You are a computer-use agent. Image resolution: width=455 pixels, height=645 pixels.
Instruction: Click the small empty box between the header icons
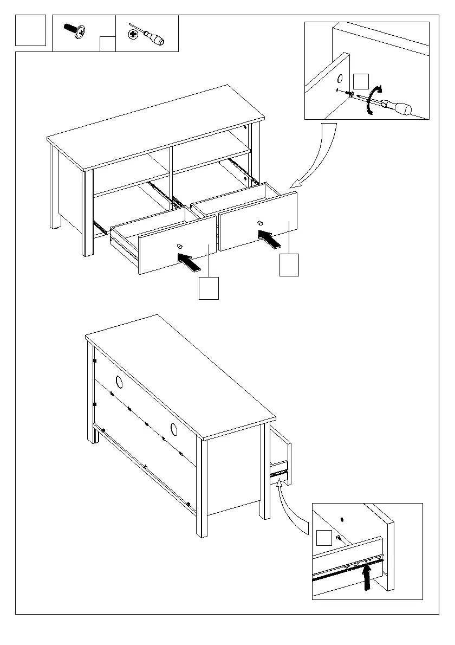(x=108, y=44)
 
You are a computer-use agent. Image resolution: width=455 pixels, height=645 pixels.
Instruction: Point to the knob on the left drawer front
(x=179, y=247)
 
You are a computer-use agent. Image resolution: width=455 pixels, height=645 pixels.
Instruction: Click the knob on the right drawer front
(x=260, y=223)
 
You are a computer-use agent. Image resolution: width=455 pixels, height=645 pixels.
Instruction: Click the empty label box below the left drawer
(x=209, y=288)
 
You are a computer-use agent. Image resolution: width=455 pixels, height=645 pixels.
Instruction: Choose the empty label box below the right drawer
(x=289, y=266)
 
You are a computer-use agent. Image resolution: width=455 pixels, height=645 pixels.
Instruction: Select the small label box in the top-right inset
(x=361, y=82)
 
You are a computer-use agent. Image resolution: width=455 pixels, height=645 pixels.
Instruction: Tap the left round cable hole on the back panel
(x=119, y=383)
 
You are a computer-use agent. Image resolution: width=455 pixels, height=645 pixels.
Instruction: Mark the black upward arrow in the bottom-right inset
(x=367, y=576)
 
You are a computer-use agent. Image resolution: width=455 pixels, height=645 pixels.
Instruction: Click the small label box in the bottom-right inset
(x=324, y=538)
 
